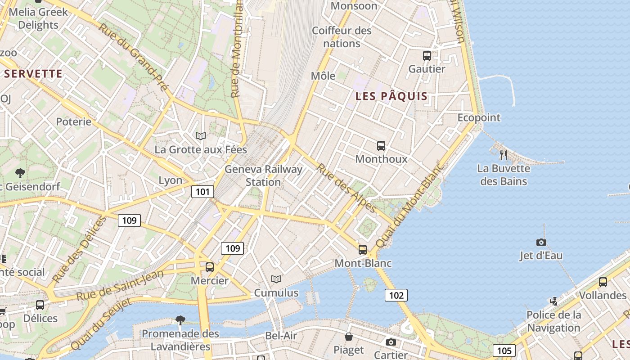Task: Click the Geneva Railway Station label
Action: (x=263, y=175)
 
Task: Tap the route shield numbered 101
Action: (x=202, y=192)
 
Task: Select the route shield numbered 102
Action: (x=396, y=295)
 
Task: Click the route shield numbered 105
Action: (x=504, y=351)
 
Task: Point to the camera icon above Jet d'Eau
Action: (x=541, y=243)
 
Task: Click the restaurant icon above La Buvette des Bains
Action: (x=504, y=155)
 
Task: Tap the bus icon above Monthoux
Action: (x=381, y=146)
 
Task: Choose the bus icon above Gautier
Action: (x=427, y=56)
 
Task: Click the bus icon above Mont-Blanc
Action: (x=363, y=250)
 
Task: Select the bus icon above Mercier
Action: (x=210, y=267)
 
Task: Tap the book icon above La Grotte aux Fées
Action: (x=201, y=136)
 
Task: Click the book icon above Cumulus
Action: (x=276, y=279)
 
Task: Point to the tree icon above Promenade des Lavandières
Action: (x=180, y=320)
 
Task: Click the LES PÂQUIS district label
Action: (x=391, y=96)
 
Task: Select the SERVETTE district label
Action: (x=33, y=74)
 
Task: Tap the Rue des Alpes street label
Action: (x=346, y=188)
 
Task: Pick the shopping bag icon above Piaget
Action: (x=349, y=337)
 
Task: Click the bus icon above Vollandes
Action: (x=603, y=282)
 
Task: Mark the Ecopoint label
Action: (x=479, y=118)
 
